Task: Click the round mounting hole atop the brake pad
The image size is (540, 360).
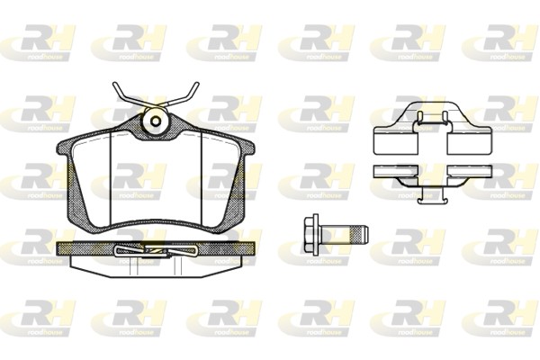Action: [x=155, y=120]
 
